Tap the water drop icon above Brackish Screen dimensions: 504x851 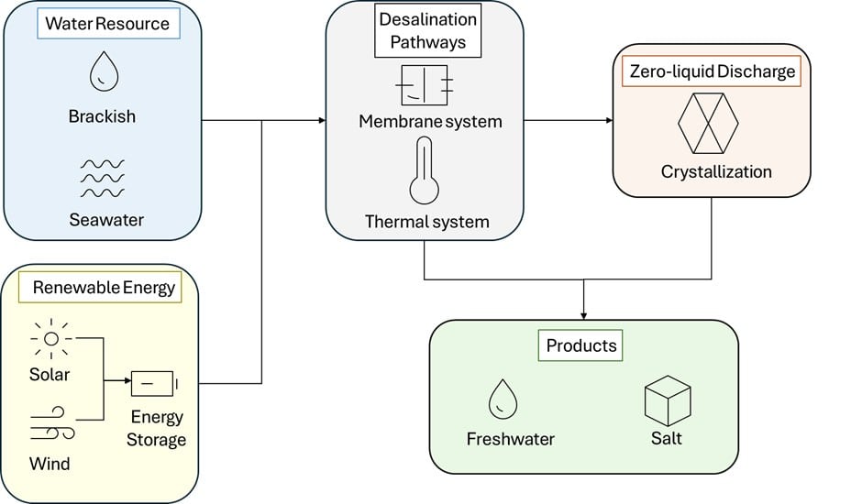coord(103,71)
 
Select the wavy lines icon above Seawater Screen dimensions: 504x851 coord(102,178)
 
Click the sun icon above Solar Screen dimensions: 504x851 coord(50,339)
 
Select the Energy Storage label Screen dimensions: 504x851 coord(157,428)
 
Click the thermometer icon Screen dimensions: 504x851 coord(425,170)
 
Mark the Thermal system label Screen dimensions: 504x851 coord(426,222)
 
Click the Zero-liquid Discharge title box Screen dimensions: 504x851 coord(711,71)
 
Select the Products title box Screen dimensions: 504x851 coord(581,346)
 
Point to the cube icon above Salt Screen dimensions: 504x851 coord(667,400)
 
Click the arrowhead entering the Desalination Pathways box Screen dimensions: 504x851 coord(321,120)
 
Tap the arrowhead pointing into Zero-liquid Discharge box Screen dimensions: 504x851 coord(608,120)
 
